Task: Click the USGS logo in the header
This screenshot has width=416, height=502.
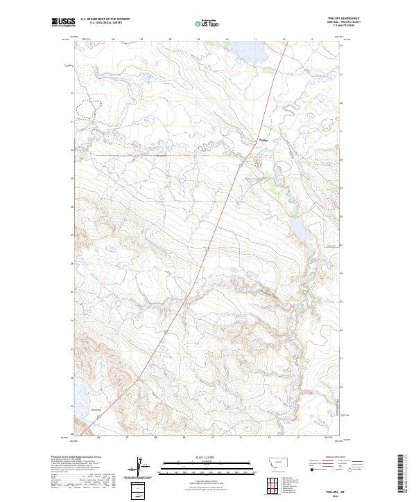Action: pyautogui.click(x=63, y=22)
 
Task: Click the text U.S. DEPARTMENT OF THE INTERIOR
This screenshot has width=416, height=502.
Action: pyautogui.click(x=105, y=19)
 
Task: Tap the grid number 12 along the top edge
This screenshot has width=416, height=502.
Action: pyautogui.click(x=285, y=40)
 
